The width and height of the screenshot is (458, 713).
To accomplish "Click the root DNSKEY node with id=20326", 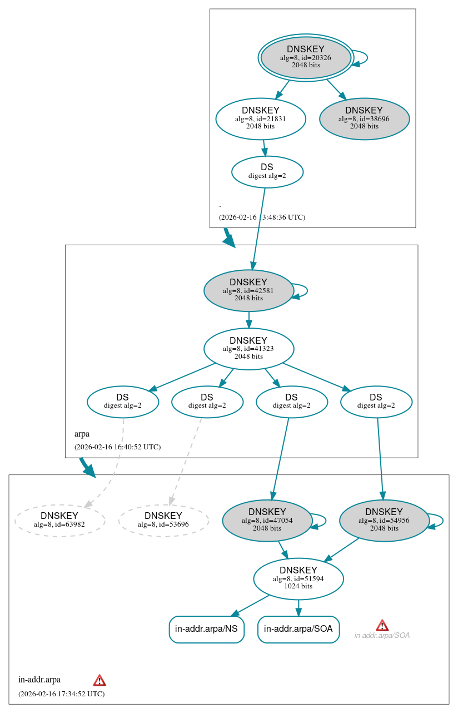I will [x=306, y=57].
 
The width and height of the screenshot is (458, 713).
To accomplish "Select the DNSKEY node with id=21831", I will [x=261, y=118].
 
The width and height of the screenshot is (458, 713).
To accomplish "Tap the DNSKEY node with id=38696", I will [x=364, y=118].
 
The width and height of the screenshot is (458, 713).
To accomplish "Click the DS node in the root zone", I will [x=267, y=171].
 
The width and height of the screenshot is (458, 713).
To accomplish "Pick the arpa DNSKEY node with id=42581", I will [x=248, y=290].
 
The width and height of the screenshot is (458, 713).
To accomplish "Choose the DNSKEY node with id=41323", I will [x=248, y=349].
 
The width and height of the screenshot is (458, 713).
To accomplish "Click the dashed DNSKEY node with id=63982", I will [x=59, y=520].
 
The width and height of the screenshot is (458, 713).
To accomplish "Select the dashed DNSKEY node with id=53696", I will [x=163, y=520].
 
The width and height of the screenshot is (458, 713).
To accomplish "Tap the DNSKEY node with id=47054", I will [x=267, y=520].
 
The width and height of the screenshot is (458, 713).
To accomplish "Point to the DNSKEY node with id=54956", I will [x=384, y=520].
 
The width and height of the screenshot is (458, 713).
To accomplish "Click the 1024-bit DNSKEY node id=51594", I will [x=298, y=578].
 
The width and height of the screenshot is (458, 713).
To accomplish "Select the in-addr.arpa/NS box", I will [x=206, y=629].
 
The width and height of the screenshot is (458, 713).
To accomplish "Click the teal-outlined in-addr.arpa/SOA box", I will [x=298, y=629].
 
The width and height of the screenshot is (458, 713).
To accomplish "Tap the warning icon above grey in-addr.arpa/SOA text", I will [x=382, y=625].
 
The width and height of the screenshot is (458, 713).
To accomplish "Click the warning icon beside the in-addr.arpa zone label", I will [x=99, y=680].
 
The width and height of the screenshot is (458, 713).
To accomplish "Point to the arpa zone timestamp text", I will [x=117, y=447].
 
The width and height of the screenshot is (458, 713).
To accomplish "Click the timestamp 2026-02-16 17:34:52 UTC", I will [x=61, y=694].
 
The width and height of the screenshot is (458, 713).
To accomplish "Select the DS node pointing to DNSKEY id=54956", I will [x=376, y=402].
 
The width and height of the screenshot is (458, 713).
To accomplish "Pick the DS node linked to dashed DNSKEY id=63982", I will [x=123, y=402].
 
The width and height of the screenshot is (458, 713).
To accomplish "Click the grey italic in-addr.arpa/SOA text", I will [x=382, y=635].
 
